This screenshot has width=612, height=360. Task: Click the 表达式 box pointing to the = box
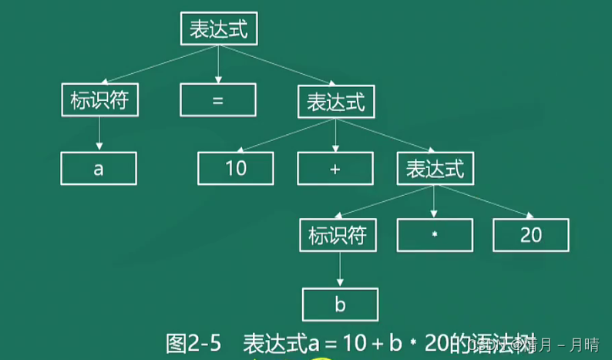(x=219, y=29)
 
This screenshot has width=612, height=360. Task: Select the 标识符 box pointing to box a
(x=99, y=100)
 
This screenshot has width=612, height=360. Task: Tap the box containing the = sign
(x=217, y=100)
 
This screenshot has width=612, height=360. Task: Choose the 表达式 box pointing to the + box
(x=335, y=101)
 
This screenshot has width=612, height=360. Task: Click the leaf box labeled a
(x=99, y=168)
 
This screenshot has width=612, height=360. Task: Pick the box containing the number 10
(x=235, y=168)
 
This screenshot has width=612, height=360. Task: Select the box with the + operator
(x=335, y=168)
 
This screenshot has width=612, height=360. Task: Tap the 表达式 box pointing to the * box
(x=435, y=168)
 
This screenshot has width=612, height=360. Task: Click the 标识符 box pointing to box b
(x=338, y=235)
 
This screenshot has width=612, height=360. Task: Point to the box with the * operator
(x=435, y=235)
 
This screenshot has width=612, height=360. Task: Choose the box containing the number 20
(x=531, y=235)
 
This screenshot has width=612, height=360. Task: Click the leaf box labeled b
(x=340, y=304)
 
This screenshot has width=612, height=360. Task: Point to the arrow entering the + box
(x=335, y=134)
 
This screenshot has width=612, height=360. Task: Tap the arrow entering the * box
(x=435, y=202)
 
